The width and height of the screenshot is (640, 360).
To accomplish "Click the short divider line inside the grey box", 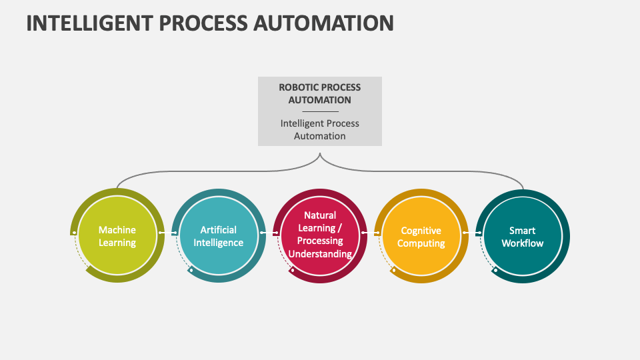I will click(320, 111).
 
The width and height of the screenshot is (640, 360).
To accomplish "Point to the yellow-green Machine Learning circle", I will click(117, 236).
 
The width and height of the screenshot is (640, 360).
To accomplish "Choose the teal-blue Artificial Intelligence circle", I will click(219, 236).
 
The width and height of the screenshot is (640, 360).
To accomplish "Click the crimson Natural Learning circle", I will click(320, 236).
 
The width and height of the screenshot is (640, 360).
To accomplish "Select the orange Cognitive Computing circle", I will click(421, 236).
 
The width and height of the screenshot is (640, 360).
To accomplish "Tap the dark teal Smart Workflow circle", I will click(523, 236).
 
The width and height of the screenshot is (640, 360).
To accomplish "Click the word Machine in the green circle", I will click(117, 230).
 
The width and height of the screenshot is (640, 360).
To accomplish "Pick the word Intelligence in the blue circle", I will click(219, 243).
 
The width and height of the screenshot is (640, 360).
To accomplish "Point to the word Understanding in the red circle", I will click(320, 254).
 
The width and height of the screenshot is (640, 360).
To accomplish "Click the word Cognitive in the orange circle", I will click(421, 231).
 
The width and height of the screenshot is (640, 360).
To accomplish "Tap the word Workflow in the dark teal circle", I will click(523, 243).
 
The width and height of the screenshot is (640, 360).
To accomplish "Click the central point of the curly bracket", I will click(320, 155).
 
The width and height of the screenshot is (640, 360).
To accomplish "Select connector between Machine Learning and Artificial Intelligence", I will click(168, 233).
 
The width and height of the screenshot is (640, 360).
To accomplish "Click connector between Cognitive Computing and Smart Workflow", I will click(472, 233).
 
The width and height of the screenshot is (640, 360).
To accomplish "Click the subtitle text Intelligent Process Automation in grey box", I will click(320, 129).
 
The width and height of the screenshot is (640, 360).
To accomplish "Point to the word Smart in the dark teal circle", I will click(523, 231).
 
